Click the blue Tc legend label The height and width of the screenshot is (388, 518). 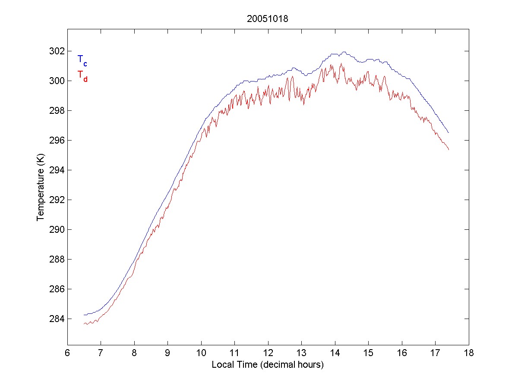pos(82,60)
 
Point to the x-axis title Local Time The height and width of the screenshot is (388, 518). pos(267,365)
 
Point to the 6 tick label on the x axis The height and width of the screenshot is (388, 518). pos(67,353)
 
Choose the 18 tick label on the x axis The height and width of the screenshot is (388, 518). pos(469,353)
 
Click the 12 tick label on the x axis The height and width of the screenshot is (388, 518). pos(268,353)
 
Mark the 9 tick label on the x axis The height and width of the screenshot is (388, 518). pos(167,353)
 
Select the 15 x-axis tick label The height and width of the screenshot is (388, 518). pos(368,353)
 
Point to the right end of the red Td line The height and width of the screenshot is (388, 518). pos(449,150)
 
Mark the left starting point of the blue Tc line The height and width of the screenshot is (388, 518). pos(84,315)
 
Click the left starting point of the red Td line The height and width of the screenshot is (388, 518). pos(84,323)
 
